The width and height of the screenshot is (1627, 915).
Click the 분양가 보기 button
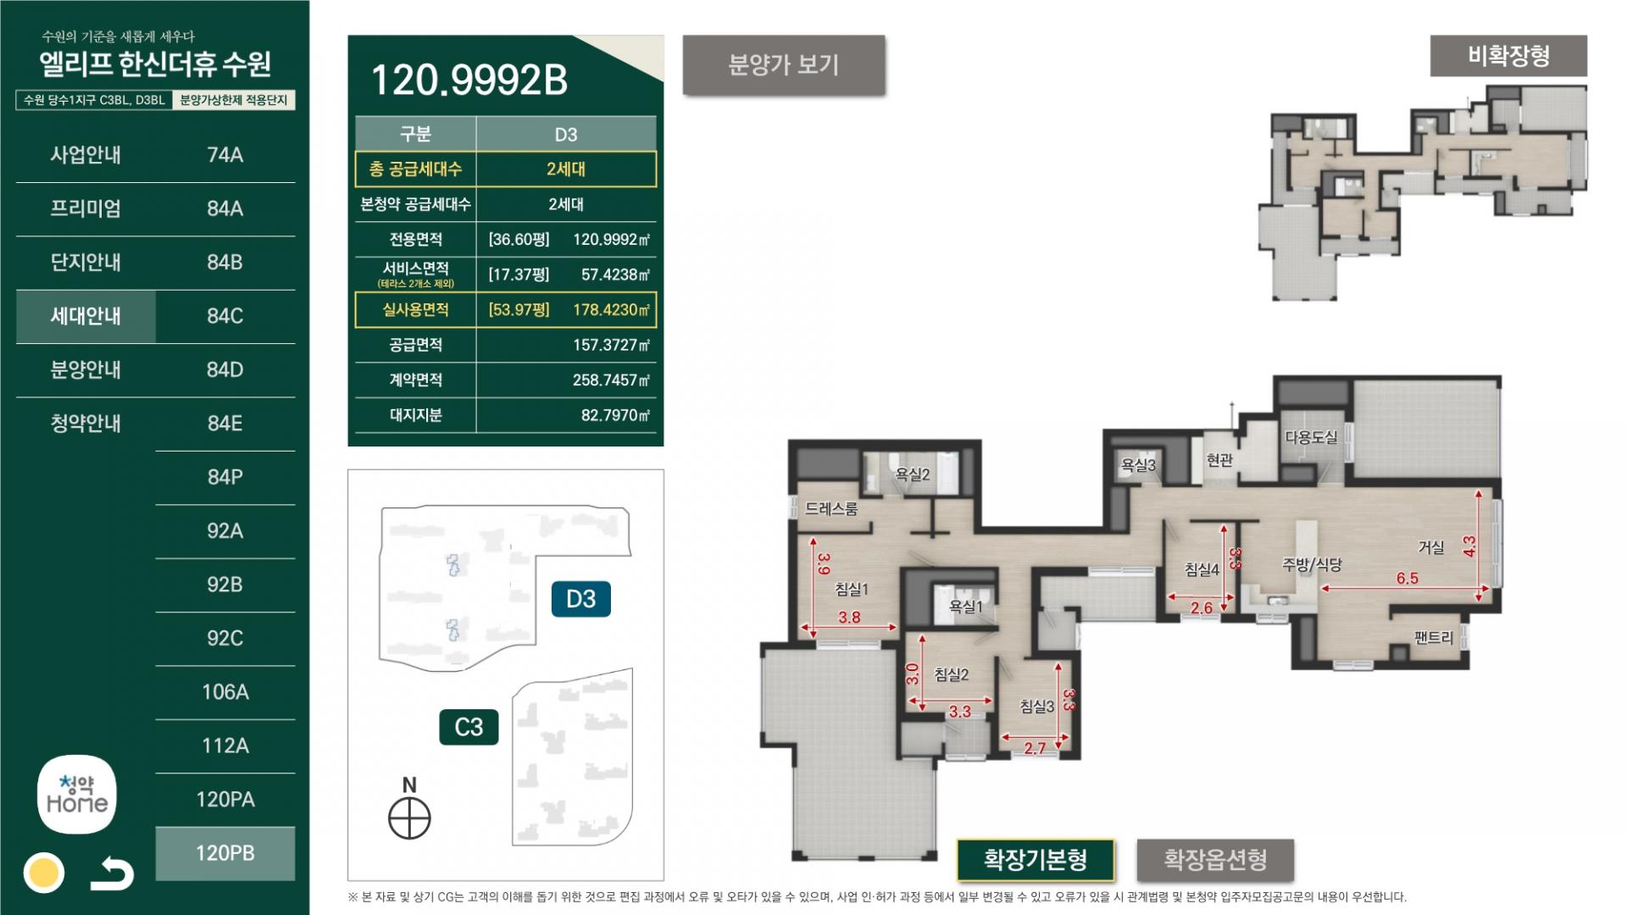[x=784, y=65]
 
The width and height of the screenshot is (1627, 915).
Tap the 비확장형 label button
[x=1508, y=56]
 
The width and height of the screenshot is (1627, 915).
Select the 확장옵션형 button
[x=1215, y=860]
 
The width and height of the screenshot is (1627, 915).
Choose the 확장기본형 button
[x=1036, y=860]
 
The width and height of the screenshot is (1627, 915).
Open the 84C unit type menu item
[x=225, y=316]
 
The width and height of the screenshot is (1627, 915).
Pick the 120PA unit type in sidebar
[x=225, y=799]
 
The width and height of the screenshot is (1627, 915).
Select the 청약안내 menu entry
[x=86, y=423]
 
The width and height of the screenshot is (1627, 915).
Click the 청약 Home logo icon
[x=77, y=795]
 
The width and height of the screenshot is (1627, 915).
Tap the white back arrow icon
[x=113, y=873]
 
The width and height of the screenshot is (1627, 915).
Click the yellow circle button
[x=43, y=873]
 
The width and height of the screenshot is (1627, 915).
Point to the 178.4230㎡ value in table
[x=611, y=310]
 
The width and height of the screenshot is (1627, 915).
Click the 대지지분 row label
[x=415, y=415]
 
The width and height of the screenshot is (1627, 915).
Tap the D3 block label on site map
[x=581, y=599]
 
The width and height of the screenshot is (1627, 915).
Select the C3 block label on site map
[x=469, y=727]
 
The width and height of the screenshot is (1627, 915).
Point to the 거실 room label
[x=1431, y=547]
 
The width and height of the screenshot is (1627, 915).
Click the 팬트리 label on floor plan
[x=1434, y=638]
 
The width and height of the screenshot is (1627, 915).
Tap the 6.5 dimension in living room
[x=1407, y=578]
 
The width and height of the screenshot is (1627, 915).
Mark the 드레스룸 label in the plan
[x=831, y=508]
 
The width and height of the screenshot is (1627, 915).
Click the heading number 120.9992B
[x=469, y=80]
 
